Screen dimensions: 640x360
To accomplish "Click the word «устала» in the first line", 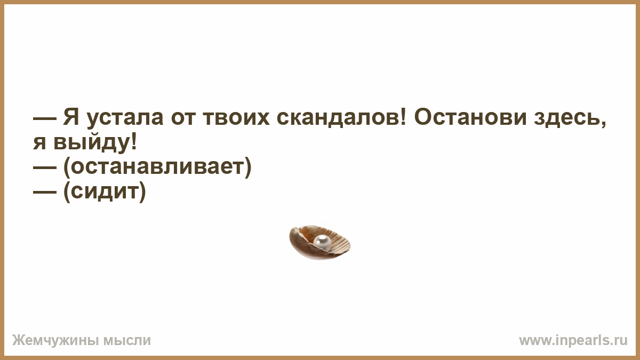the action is click(x=125, y=118).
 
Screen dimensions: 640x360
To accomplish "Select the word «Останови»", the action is click(x=470, y=117).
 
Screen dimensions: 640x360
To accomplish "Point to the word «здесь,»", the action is click(x=570, y=118).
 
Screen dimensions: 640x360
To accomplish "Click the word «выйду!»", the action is click(x=95, y=142).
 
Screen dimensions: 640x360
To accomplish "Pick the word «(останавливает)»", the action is click(x=157, y=166).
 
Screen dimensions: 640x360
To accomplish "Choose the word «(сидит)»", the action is click(x=105, y=191).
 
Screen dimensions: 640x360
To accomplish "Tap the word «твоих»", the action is click(x=236, y=118).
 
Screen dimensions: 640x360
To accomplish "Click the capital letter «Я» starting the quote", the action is click(x=71, y=117).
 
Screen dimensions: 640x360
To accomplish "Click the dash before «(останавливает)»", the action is click(x=45, y=167).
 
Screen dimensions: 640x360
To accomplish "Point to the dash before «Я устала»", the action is click(x=45, y=118).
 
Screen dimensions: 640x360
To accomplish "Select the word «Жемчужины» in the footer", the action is click(x=55, y=341).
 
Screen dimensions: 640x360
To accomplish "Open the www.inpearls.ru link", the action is click(x=573, y=341).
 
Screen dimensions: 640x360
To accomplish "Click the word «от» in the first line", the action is click(x=183, y=118).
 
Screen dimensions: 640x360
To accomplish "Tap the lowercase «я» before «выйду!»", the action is click(x=39, y=143).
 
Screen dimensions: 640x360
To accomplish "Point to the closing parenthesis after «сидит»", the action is click(x=142, y=191).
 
